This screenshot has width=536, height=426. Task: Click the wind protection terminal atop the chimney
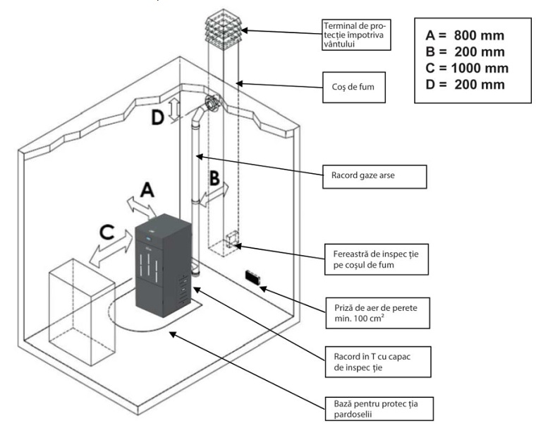coord(224,30)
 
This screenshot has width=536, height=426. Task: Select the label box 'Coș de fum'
coord(354,87)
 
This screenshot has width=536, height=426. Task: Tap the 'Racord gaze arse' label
coord(374,177)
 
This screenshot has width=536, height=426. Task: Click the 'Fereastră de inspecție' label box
coord(377,259)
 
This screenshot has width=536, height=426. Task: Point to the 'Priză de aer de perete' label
coord(377,313)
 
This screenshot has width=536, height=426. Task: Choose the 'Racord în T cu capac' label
coord(378,362)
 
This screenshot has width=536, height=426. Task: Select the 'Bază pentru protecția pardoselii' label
coord(379,409)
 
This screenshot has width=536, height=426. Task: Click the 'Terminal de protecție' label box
coord(357,35)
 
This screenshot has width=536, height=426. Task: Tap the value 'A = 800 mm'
coord(465,35)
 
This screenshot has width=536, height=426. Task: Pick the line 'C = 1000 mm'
coord(467,68)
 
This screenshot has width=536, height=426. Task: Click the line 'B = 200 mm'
coord(465,52)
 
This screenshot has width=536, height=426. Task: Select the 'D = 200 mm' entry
coord(465,85)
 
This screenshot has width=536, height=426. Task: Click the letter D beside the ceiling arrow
coord(157,117)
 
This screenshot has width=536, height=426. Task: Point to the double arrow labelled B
coord(214,194)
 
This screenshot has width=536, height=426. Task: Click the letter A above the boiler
coord(147,190)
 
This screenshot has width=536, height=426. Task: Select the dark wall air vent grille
coord(252,277)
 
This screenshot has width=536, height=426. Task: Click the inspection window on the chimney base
coord(232,239)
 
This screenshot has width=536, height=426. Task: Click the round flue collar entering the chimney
coord(212,102)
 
